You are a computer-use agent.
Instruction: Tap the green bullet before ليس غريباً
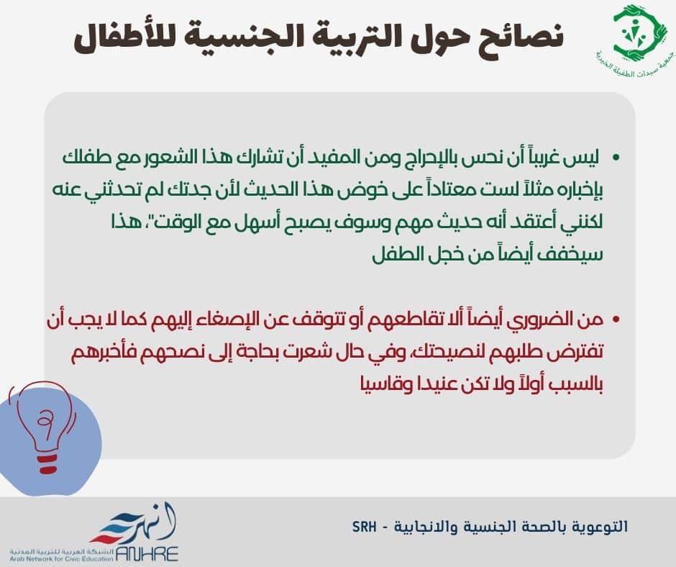coord(616,158)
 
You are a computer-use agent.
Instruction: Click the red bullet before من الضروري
coord(616,319)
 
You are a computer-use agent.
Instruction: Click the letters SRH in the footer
coord(365,527)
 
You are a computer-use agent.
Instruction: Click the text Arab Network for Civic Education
coord(62,559)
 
